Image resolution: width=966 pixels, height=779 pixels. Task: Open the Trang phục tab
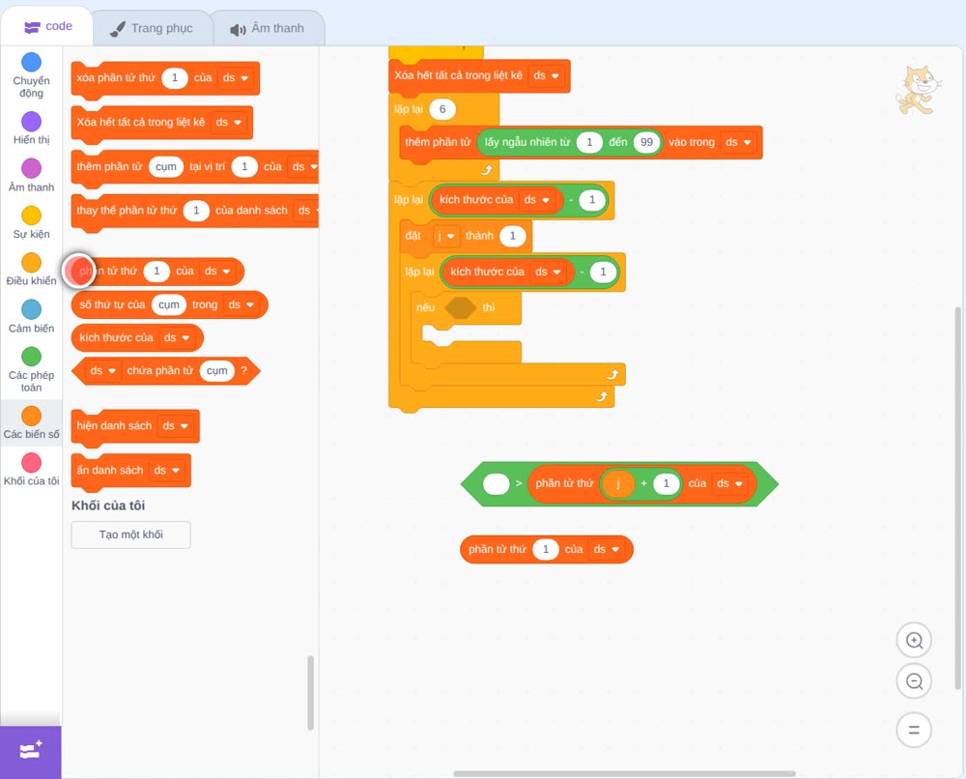152,28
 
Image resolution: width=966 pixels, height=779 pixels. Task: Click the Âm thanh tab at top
268,28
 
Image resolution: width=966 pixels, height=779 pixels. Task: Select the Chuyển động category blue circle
32,62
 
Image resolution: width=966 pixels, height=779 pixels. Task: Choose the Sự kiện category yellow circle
32,216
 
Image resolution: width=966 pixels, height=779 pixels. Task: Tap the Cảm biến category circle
32,309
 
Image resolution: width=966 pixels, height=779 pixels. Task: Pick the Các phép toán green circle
32,357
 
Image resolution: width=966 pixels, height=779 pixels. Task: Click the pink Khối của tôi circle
32,462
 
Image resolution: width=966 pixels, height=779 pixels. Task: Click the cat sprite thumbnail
918,90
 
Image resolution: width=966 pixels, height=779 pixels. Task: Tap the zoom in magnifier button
914,641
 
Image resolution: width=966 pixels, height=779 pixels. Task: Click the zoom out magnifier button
914,681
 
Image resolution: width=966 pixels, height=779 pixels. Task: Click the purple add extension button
31,752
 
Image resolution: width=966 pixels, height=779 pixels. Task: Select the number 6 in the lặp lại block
442,109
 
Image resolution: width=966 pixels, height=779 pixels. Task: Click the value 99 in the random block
646,142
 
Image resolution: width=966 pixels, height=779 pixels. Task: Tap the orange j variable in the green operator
619,484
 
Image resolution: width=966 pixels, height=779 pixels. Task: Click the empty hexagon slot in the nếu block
460,307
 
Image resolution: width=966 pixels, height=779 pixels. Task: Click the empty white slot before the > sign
496,484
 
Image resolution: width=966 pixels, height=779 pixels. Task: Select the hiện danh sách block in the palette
135,426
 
